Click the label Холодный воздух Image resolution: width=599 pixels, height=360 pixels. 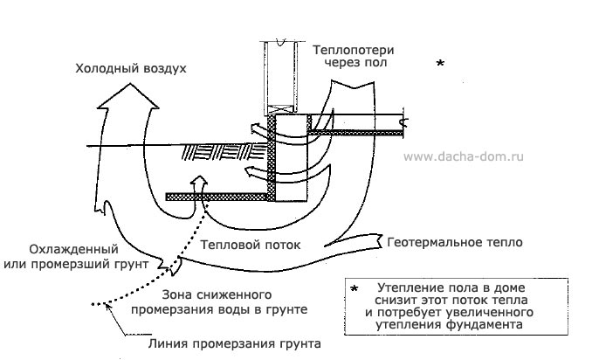pyautogui.click(x=131, y=67)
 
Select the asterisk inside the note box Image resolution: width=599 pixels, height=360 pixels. pyautogui.click(x=354, y=287)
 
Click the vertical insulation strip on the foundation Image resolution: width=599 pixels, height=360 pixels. pyautogui.click(x=272, y=157)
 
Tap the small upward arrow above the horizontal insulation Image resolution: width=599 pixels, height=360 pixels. pyautogui.click(x=200, y=183)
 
